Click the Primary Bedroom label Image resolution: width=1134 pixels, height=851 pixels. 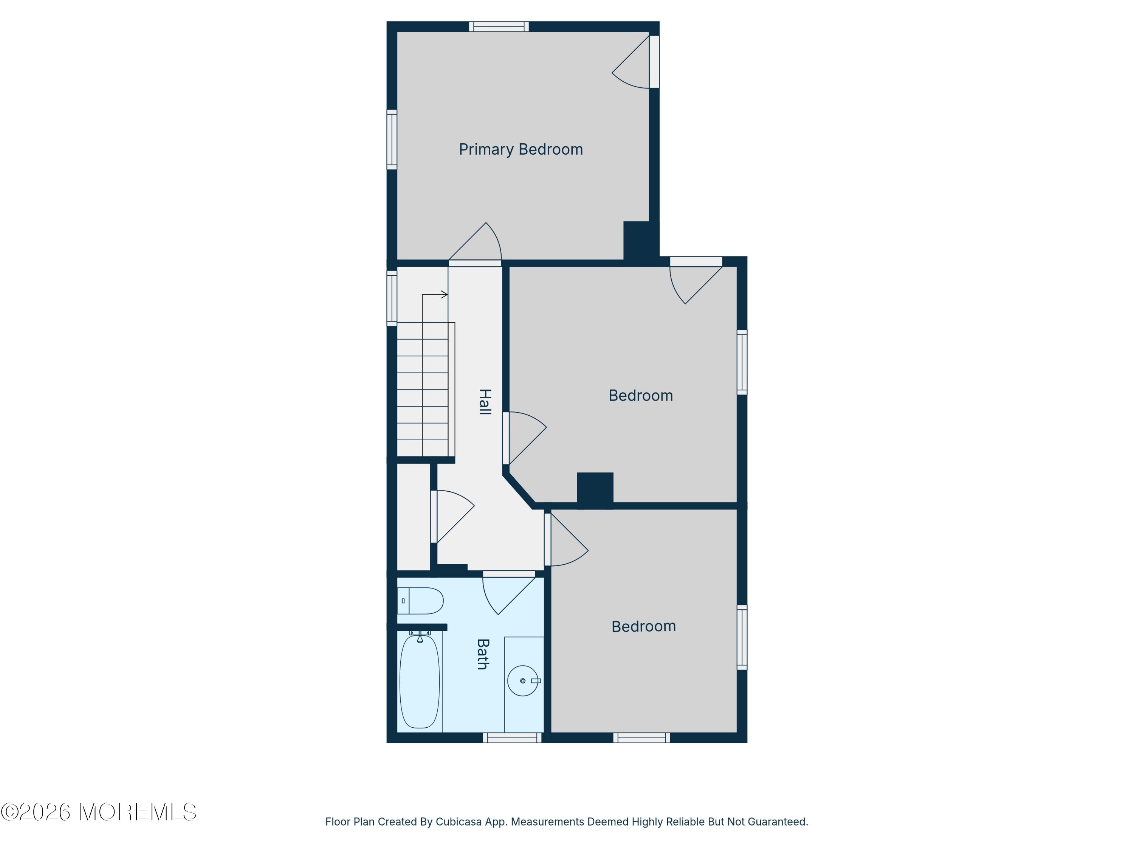coord(521,149)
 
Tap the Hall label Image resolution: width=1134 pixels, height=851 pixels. coord(485,402)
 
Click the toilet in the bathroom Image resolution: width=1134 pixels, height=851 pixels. coord(420,601)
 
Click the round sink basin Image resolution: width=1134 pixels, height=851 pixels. coord(523,681)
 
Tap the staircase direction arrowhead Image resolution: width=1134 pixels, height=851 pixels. coord(444,294)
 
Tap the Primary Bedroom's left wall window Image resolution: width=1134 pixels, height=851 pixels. coord(392,140)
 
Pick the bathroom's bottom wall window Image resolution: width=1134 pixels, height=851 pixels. coord(512,738)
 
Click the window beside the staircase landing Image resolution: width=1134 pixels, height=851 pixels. coord(392,298)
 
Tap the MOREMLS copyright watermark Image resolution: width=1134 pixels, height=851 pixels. coord(98,812)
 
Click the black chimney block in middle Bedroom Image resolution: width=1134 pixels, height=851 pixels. coord(595,491)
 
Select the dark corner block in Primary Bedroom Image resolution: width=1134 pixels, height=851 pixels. coord(641,241)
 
